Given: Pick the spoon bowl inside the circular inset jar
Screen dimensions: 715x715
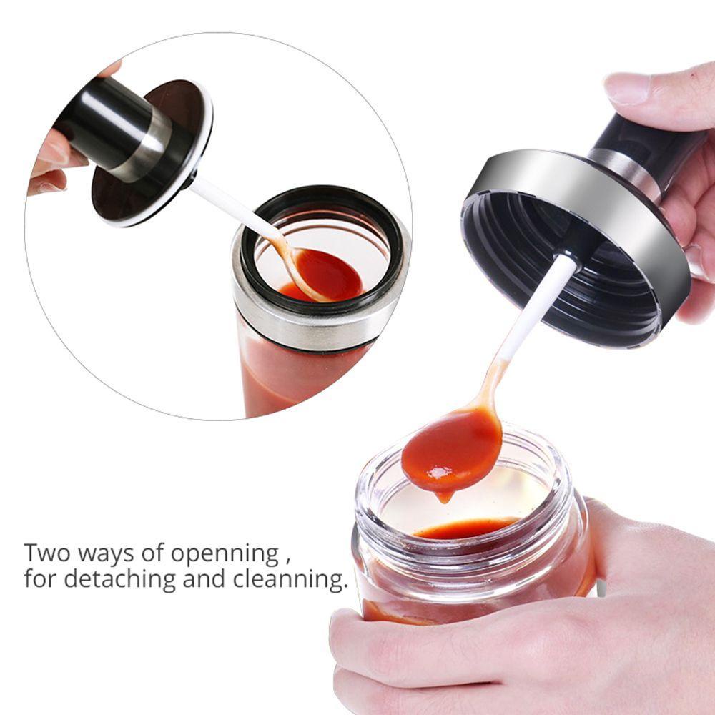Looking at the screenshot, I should [327, 275].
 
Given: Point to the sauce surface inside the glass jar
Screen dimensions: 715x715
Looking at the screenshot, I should [465, 529].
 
